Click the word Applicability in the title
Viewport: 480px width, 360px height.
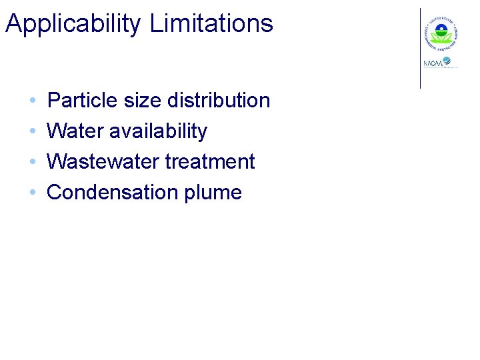(73, 24)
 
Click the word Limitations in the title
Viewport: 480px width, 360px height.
(211, 23)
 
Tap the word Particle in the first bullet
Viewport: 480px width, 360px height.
(77, 101)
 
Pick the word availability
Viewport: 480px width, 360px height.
(158, 132)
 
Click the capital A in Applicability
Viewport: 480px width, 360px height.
(13, 24)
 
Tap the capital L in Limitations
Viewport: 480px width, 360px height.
(156, 23)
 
